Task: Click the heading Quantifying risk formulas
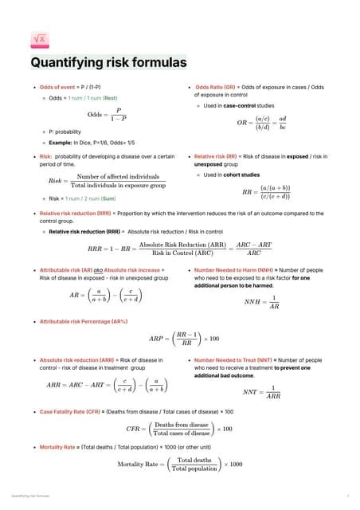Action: (108, 62)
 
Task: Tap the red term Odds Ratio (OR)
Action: (215, 86)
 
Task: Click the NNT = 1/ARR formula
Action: (262, 391)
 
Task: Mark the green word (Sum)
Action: (108, 198)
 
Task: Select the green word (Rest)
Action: (110, 98)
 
